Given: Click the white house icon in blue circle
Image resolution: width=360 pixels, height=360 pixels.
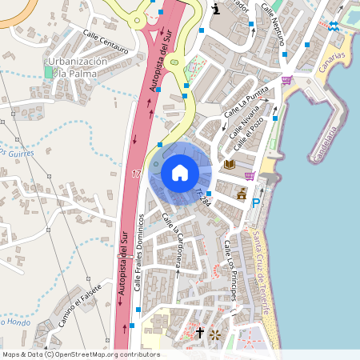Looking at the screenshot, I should click(x=180, y=172).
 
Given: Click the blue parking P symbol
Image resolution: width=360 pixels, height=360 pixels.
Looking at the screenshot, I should click(x=256, y=203).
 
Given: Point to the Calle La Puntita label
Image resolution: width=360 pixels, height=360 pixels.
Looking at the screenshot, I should click(x=244, y=103).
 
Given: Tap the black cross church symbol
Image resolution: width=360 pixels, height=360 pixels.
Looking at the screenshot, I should click(x=200, y=333).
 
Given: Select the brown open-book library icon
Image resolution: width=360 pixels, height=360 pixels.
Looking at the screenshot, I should click(x=230, y=164).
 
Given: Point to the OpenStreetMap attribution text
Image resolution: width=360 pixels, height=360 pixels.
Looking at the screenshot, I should click(x=81, y=354).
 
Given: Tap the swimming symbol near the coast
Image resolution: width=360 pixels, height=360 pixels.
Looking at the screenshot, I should click(x=333, y=26).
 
